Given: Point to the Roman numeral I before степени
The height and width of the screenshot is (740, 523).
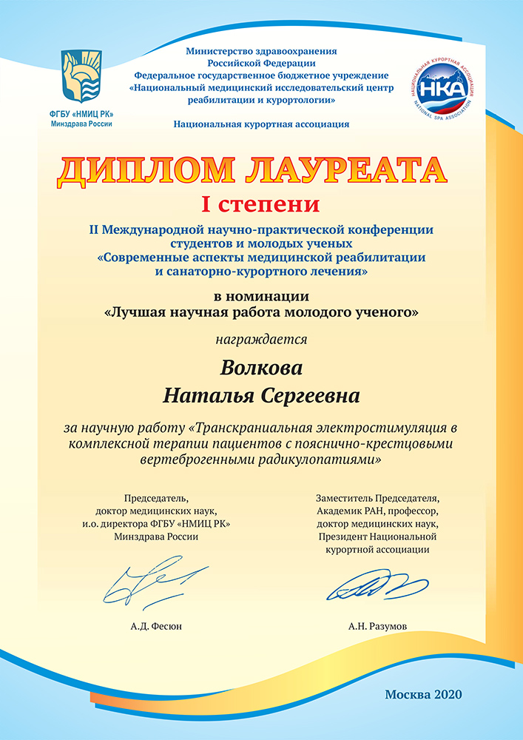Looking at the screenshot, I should pos(206,202).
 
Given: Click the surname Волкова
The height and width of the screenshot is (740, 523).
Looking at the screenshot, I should pos(261,368).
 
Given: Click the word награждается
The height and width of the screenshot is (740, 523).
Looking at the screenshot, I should pos(260,340).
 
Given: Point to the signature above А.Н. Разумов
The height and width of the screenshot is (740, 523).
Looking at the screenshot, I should pos(368,588).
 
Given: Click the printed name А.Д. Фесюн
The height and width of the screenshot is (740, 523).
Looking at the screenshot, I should pos(155,626).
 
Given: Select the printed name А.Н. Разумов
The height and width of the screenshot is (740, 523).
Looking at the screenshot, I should pos(377,626).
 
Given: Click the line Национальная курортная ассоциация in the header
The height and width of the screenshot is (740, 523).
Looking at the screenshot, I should pos(261,124).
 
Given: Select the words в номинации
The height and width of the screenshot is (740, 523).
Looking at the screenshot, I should pos(260,297).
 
